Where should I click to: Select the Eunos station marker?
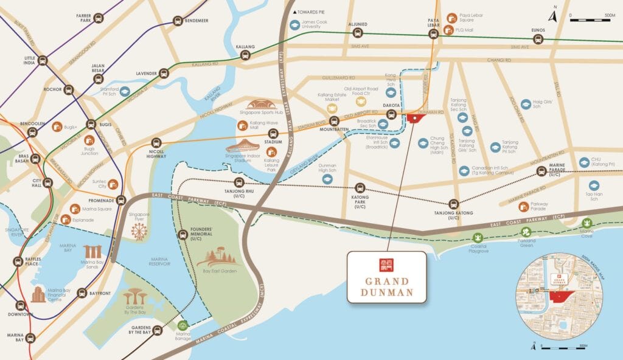coord(538,39)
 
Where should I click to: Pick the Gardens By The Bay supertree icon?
coord(134,296)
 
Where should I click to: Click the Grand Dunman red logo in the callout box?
coord(387,265)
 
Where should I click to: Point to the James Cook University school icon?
coord(295,25)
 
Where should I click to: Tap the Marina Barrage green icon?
coord(183,325)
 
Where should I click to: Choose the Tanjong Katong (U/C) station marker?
coord(453,204)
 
